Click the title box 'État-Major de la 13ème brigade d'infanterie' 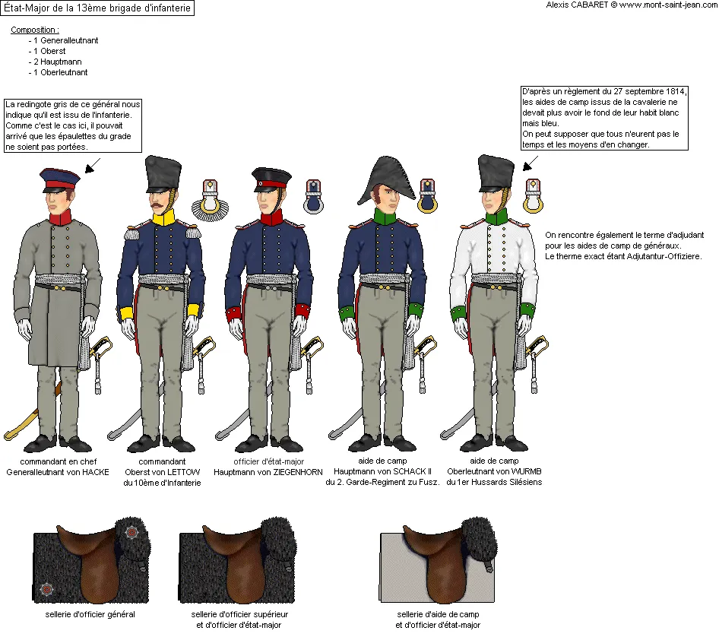(97, 8)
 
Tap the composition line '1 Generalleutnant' (65, 40)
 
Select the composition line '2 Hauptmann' (57, 62)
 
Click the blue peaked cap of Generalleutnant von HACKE (59, 179)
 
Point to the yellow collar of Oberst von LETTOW (163, 217)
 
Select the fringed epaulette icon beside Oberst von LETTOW (210, 201)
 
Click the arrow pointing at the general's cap (93, 166)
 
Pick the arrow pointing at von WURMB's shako (531, 163)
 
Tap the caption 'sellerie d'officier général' (90, 614)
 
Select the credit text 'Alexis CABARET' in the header (577, 5)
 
